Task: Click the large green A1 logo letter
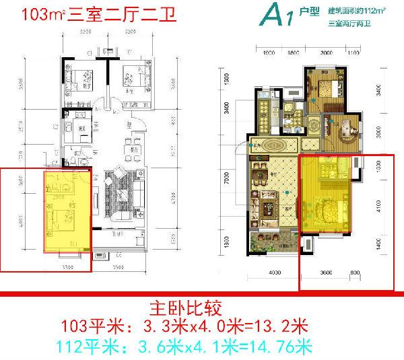pyautogui.click(x=271, y=14)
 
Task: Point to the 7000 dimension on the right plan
pyautogui.click(x=229, y=178)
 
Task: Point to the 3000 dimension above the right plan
pyautogui.click(x=326, y=51)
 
